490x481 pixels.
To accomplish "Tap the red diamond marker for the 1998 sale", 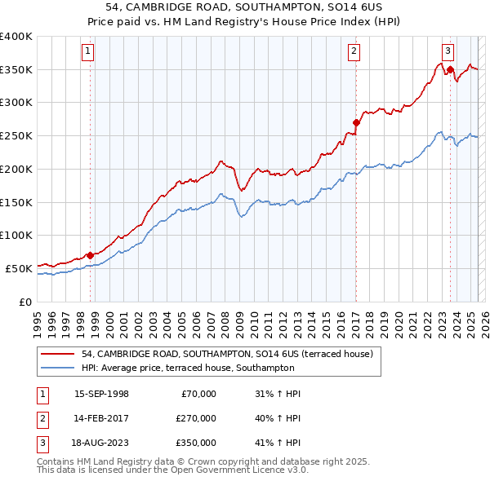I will click(x=90, y=255).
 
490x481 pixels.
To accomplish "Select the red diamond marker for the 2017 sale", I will click(x=356, y=123).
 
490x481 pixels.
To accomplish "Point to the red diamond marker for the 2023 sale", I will click(x=450, y=70).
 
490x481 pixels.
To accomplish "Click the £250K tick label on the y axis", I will click(x=16, y=136).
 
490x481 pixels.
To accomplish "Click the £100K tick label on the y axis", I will click(x=16, y=235).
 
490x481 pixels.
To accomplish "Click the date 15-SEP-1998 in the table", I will click(x=101, y=394).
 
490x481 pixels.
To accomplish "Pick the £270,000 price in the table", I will click(x=196, y=418).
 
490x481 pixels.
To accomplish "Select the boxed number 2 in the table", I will click(x=42, y=418).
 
